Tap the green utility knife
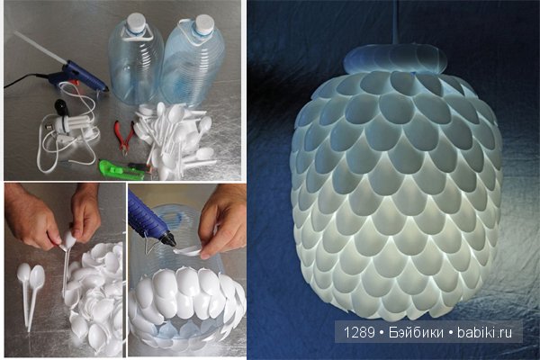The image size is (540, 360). (x=121, y=169)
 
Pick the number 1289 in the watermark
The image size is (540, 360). (x=359, y=332)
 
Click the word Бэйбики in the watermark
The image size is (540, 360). (x=416, y=332)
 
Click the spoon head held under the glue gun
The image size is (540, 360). (x=188, y=251)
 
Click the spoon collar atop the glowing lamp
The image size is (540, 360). (x=395, y=59)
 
